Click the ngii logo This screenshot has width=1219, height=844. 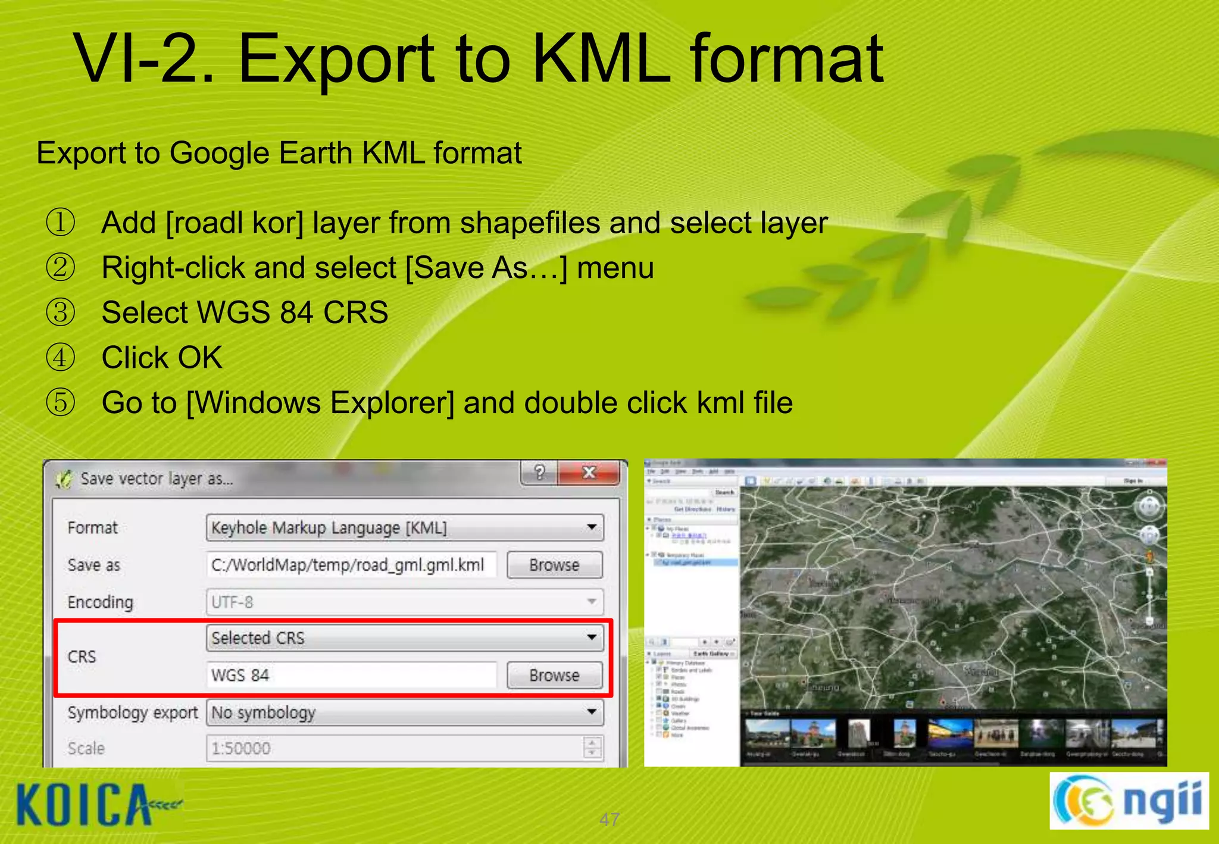click(1129, 801)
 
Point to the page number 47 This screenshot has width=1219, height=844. click(609, 820)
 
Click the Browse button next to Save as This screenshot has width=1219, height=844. click(554, 565)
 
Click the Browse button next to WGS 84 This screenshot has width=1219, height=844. click(554, 675)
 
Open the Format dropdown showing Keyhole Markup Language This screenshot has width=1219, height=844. click(405, 527)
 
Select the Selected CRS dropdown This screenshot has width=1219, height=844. click(405, 637)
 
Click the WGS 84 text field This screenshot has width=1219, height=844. click(351, 675)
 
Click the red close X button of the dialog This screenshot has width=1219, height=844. click(589, 473)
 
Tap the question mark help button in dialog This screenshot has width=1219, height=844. click(539, 473)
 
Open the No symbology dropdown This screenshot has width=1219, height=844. click(405, 712)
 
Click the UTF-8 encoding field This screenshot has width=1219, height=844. click(405, 602)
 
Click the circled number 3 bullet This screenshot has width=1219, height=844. click(61, 312)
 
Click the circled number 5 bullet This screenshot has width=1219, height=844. click(61, 402)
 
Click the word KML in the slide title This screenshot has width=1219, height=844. click(601, 60)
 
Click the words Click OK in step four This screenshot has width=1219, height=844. click(162, 358)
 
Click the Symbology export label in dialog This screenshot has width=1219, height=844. click(132, 712)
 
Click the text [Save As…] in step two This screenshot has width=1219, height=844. click(486, 268)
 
